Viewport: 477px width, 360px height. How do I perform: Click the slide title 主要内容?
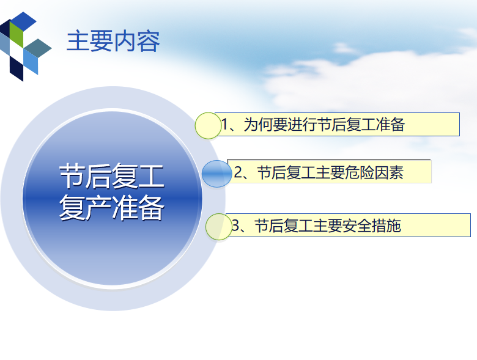[x=113, y=41]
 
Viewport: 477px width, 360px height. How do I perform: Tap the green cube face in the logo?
[x=17, y=34]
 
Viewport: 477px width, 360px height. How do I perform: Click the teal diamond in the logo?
[x=38, y=48]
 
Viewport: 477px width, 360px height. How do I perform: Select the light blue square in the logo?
[x=31, y=62]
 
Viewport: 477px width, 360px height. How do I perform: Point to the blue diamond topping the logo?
[x=23, y=21]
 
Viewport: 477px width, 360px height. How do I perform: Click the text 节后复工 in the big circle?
[x=112, y=176]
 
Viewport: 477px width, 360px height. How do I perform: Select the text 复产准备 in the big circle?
[x=112, y=208]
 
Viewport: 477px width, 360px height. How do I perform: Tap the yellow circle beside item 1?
[x=208, y=125]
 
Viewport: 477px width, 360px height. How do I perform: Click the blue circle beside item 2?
[x=216, y=174]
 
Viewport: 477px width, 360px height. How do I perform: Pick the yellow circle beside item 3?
[x=219, y=227]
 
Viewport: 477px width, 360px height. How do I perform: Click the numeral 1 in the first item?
[x=224, y=124]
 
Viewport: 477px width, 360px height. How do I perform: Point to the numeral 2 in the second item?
[x=239, y=172]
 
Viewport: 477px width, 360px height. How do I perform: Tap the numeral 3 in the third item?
[x=236, y=226]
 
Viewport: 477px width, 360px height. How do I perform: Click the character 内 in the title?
[x=125, y=41]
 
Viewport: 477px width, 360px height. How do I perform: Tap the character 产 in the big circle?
[x=98, y=208]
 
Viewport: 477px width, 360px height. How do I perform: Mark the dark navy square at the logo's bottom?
[x=17, y=68]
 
